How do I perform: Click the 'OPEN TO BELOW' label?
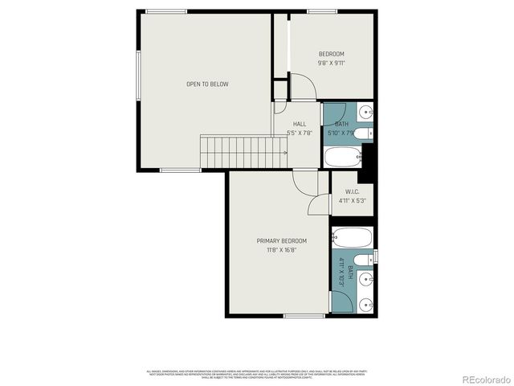point(207,84)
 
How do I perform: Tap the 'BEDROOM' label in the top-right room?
point(331,54)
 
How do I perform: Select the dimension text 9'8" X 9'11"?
point(331,63)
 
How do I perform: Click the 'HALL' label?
point(299,124)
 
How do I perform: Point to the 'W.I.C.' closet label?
point(352,191)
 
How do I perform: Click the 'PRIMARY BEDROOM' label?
point(281,240)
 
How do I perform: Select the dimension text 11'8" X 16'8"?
point(281,250)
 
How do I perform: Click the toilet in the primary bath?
point(363,258)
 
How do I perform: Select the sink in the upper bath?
point(365,112)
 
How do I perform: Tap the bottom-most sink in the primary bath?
point(365,304)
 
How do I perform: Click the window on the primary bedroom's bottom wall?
point(304,316)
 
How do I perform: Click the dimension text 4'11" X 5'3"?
point(352,201)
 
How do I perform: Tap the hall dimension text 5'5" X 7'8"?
point(299,133)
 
